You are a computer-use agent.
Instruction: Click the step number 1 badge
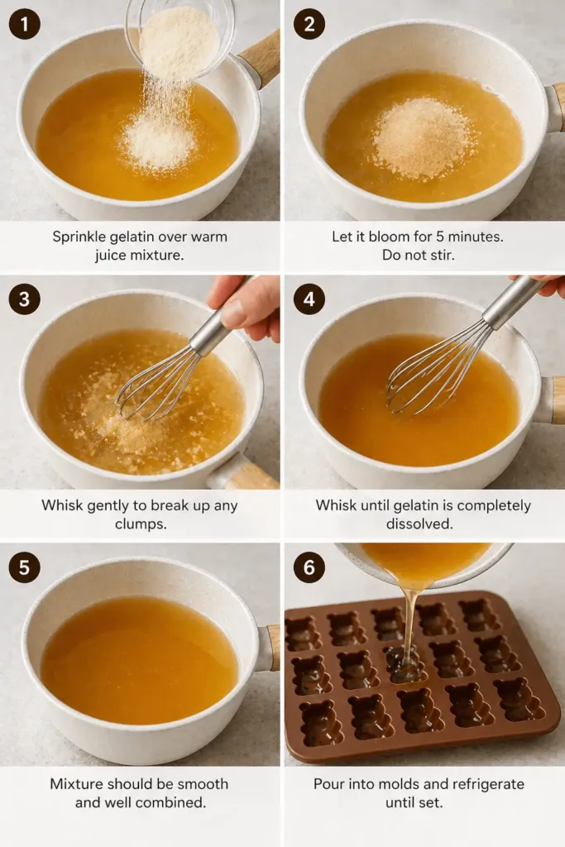pos(25,25)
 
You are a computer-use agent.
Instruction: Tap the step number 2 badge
pos(309,25)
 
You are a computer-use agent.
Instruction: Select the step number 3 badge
pos(25,299)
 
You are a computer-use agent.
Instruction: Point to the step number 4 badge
pos(309,299)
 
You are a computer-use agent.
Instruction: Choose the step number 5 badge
pos(25,567)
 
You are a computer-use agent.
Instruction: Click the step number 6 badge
pos(309,567)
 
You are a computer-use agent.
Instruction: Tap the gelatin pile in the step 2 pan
pos(423,137)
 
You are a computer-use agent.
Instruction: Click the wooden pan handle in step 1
pos(261,58)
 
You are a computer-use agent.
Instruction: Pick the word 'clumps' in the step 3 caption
pos(138,524)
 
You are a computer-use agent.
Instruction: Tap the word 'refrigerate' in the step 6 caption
pos(488,783)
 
